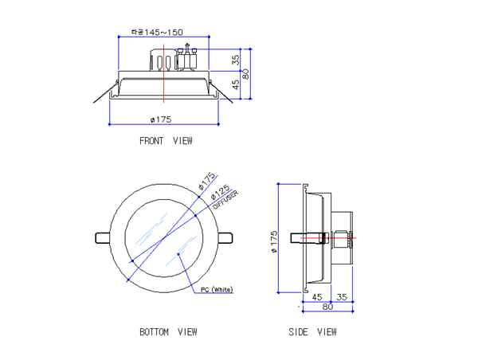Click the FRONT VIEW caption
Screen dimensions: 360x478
166,141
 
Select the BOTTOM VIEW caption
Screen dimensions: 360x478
167,331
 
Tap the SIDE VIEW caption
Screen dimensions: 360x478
312,331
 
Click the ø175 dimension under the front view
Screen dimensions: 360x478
161,119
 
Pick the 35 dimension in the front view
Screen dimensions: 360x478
236,59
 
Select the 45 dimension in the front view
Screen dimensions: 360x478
236,84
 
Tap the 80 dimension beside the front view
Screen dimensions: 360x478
247,72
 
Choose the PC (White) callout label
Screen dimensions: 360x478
217,290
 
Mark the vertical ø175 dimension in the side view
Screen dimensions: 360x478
273,238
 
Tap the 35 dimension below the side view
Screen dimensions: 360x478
341,296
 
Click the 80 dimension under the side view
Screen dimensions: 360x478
327,307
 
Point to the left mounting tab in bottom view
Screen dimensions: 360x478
102,237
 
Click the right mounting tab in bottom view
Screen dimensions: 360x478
226,237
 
